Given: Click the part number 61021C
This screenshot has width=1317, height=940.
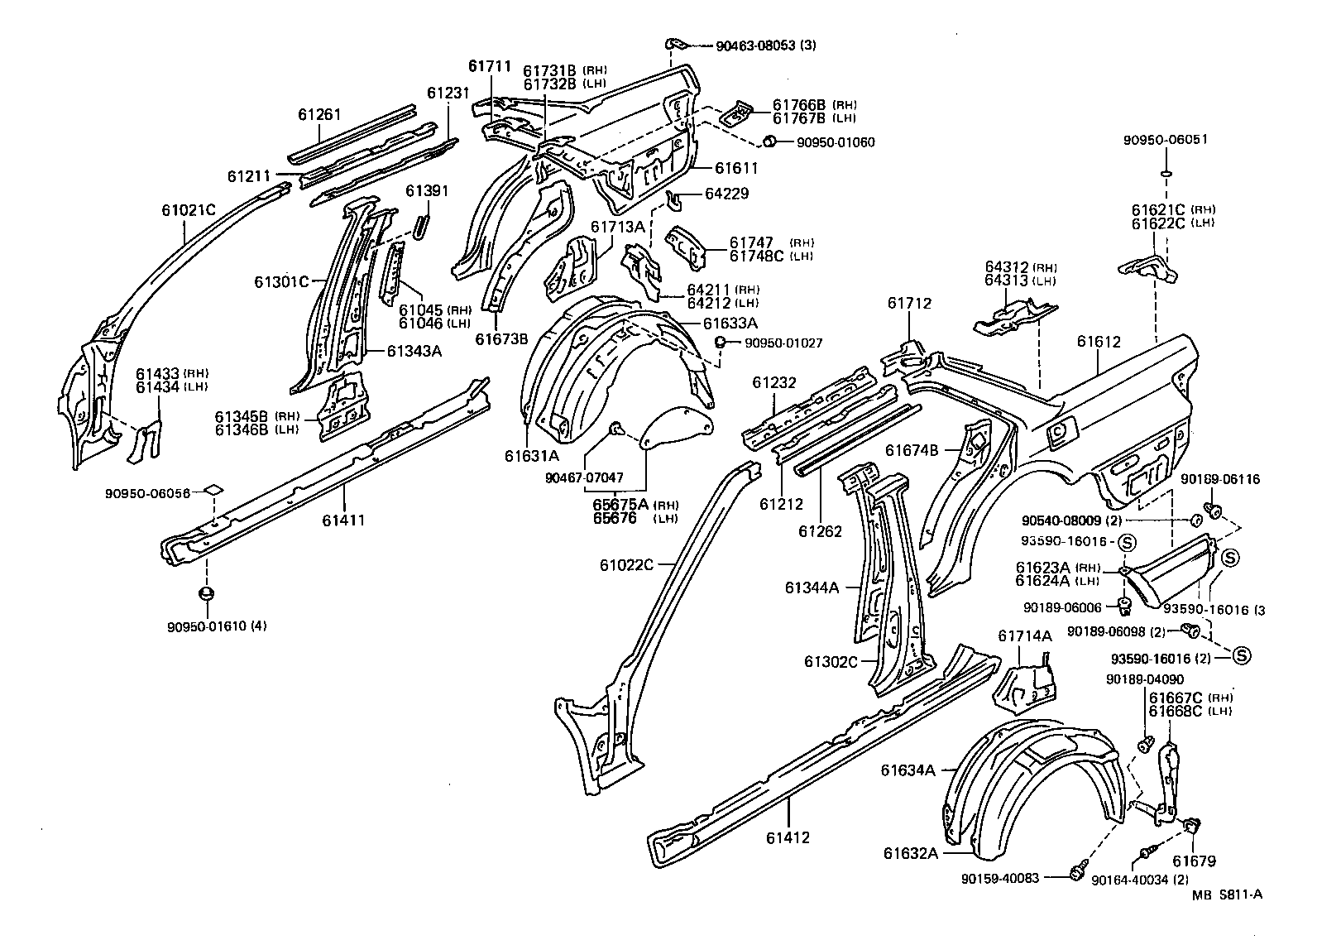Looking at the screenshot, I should click(x=188, y=210).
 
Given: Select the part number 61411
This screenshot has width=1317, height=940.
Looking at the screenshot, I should click(x=345, y=520).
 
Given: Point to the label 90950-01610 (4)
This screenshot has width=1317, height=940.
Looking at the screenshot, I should click(x=217, y=626).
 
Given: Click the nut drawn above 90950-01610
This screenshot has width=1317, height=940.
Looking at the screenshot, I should click(x=207, y=593).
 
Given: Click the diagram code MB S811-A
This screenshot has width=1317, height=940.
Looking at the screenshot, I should click(x=1228, y=894).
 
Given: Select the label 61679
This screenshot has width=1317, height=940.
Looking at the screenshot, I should click(x=1194, y=861).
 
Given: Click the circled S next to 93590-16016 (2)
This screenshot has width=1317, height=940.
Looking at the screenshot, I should click(x=1241, y=655).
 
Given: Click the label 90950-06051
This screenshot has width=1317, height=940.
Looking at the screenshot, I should click(x=1165, y=139).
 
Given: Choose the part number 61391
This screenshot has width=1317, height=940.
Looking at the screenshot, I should click(x=427, y=191).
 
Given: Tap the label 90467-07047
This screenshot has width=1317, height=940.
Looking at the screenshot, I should click(x=584, y=477).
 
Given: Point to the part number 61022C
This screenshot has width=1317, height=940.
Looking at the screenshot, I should click(x=627, y=565).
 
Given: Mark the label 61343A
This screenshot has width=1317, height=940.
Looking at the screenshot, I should click(x=414, y=351).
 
